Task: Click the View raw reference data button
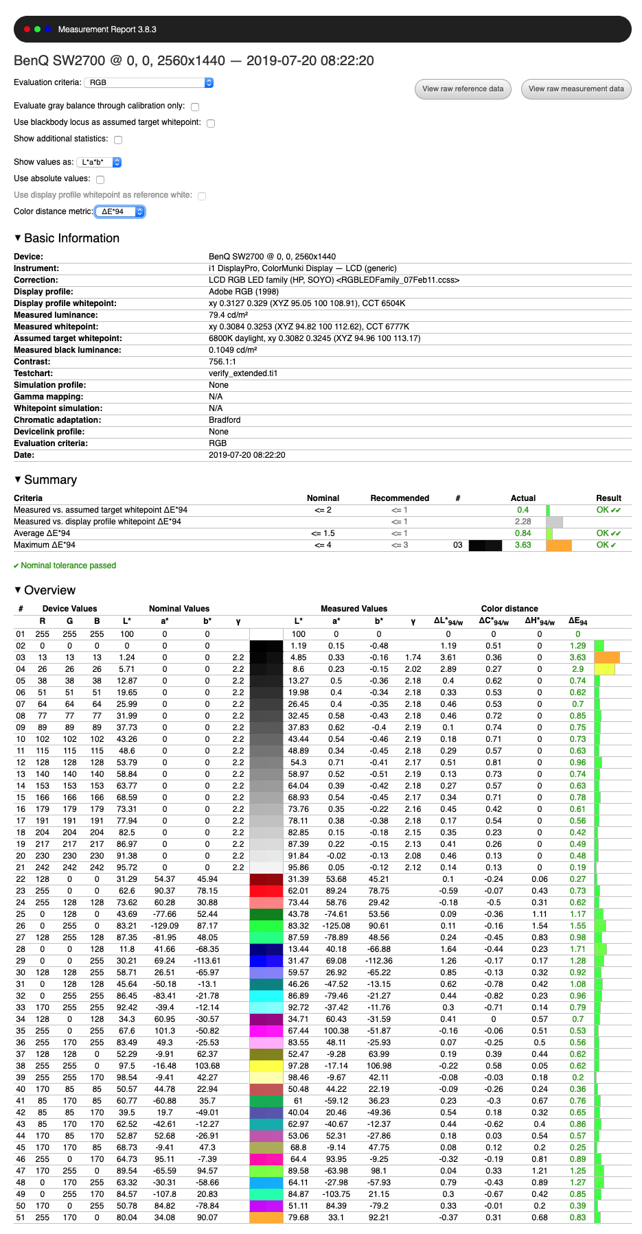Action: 463,89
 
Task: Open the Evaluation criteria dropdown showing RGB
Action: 149,82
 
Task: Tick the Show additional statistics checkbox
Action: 118,140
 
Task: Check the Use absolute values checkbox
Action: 100,180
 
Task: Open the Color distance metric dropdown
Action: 120,211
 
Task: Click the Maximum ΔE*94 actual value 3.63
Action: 523,545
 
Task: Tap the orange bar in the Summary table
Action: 559,546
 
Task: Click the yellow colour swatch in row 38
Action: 266,1066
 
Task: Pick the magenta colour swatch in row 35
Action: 266,1031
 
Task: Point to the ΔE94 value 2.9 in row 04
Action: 577,669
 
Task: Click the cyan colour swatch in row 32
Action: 266,996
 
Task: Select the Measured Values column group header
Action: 354,609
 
